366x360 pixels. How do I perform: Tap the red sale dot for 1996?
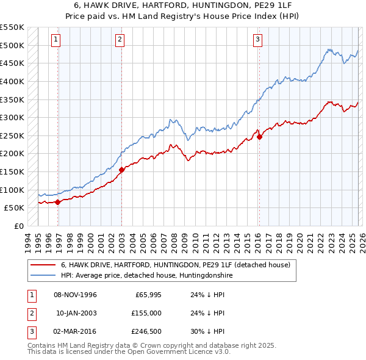(x=57, y=202)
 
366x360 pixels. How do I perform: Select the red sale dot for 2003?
(x=121, y=170)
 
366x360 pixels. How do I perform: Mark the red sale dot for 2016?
(x=259, y=137)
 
